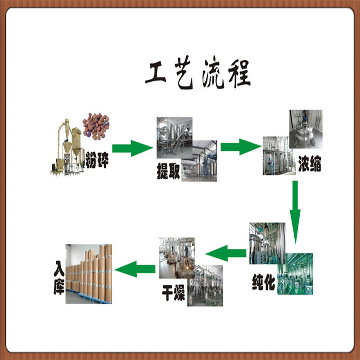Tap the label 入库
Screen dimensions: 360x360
pos(58,281)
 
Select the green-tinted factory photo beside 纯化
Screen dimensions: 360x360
pos(295,274)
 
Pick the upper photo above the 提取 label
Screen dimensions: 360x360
pos(174,135)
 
